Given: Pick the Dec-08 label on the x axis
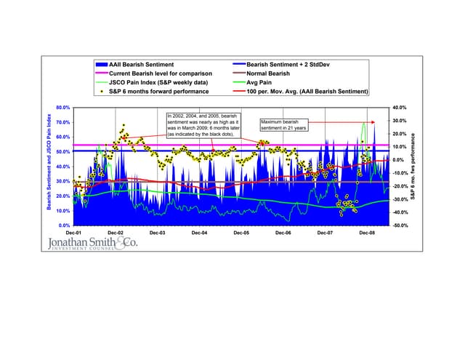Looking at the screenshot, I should [368, 233].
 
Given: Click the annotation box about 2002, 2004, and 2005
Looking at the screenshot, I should [201, 125].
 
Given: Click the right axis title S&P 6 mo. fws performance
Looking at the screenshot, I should [413, 167].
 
